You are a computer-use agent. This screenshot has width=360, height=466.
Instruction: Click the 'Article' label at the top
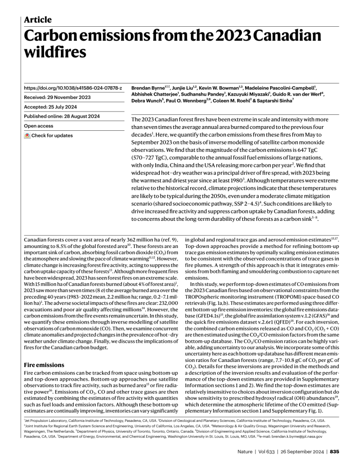click(38, 20)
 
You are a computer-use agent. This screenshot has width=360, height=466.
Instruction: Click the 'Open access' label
click(39, 126)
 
